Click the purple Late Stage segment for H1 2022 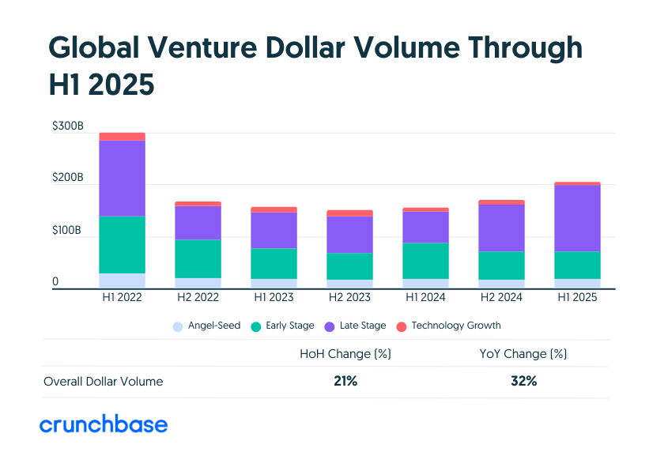click(122, 178)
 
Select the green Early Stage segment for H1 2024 click(425, 261)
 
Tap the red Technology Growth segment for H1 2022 click(122, 136)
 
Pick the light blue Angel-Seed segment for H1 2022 click(122, 281)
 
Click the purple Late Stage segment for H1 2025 click(577, 218)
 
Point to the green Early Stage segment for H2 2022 click(198, 258)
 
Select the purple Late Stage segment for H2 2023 click(349, 235)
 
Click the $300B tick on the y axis click(67, 126)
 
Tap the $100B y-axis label click(67, 231)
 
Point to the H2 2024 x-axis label click(501, 298)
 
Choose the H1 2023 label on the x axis click(274, 298)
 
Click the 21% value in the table click(345, 381)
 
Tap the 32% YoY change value click(523, 381)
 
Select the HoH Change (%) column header click(345, 353)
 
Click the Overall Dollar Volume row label click(103, 382)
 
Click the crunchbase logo click(104, 424)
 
